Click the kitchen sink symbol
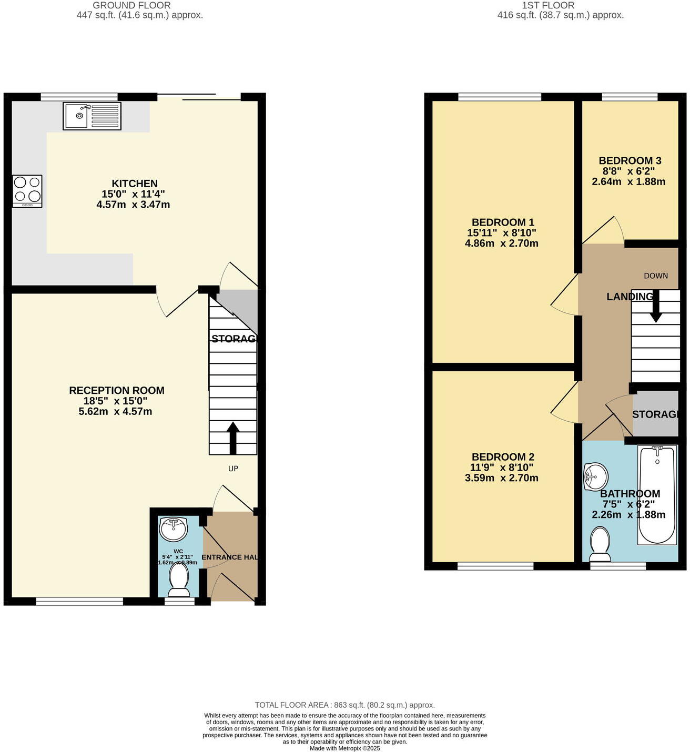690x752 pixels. (x=92, y=116)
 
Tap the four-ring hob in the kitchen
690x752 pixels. (x=27, y=191)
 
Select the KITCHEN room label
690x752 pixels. (x=135, y=184)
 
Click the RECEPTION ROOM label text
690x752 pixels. (x=117, y=390)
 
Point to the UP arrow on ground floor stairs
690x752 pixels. (x=233, y=438)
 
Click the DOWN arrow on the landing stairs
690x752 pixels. (x=655, y=310)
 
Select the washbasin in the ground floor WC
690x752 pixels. (x=173, y=529)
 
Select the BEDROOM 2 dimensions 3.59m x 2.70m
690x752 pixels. (x=501, y=478)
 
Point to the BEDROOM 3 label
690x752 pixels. (x=630, y=161)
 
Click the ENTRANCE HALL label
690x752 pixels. (x=230, y=557)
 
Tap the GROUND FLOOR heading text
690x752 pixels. (x=131, y=5)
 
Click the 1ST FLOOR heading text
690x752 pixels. (x=548, y=5)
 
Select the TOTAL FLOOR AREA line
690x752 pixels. (x=344, y=705)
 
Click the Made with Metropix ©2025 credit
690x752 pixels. (x=344, y=748)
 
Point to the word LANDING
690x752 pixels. (x=629, y=297)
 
